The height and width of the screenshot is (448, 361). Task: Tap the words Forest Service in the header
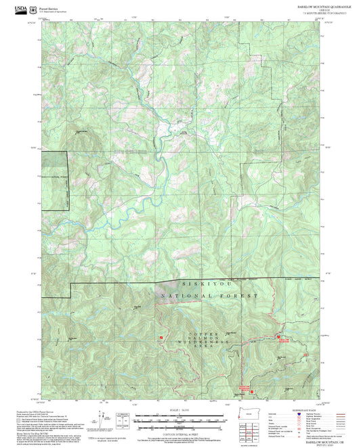48,5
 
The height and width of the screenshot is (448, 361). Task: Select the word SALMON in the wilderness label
205,337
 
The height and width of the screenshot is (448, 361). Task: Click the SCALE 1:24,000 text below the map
179,410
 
